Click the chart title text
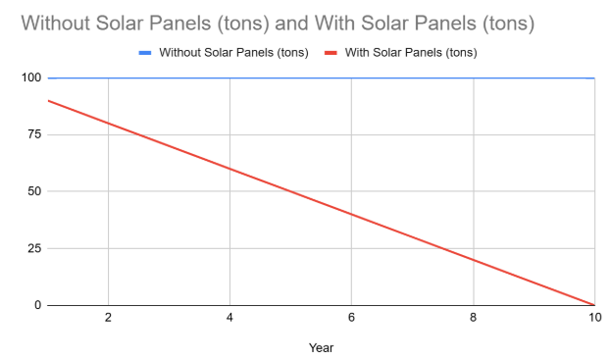[277, 23]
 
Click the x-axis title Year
[321, 346]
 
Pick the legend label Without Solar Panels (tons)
[233, 52]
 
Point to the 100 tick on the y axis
[28, 77]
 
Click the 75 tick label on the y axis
[31, 134]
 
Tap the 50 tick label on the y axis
[31, 191]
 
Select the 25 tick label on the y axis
[31, 248]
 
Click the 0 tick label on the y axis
[35, 305]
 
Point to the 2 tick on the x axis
[108, 318]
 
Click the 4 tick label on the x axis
[229, 318]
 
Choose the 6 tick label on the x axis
[351, 318]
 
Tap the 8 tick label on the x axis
[474, 318]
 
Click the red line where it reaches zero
[594, 304]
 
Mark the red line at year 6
[351, 214]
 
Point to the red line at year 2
[108, 123]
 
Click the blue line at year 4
[229, 77]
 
